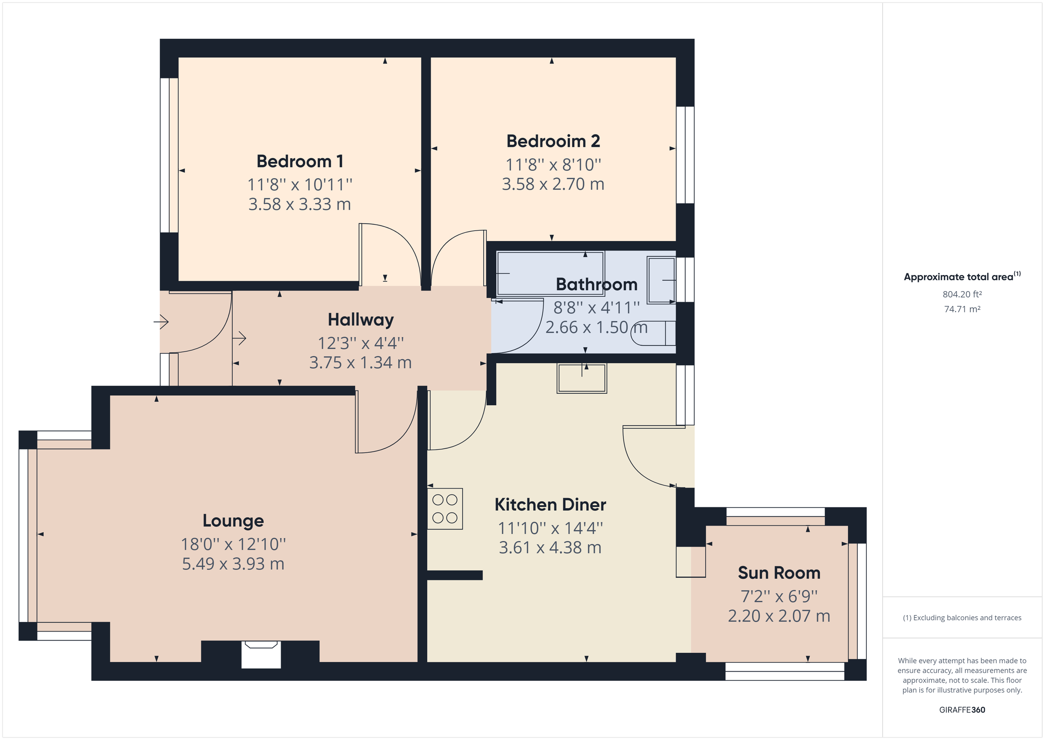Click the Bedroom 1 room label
[299, 161]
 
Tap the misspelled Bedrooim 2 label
[553, 141]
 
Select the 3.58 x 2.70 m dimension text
[553, 184]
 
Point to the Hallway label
[360, 320]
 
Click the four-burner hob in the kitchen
[445, 509]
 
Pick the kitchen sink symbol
[581, 378]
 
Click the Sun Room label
[778, 573]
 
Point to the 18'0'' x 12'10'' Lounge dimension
[233, 544]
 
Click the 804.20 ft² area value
[962, 294]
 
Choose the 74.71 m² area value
[962, 309]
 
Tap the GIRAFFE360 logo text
[962, 709]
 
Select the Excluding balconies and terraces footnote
[962, 618]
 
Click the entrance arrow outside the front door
[161, 322]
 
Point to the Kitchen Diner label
[550, 505]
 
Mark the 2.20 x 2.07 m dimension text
[778, 616]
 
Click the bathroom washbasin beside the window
[661, 280]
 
